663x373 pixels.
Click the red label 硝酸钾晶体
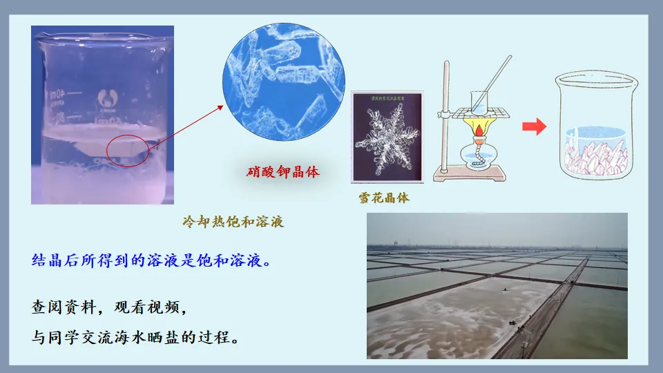point(283,172)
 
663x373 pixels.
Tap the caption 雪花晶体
point(384,198)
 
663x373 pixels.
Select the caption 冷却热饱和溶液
point(233,222)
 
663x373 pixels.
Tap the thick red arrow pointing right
point(534,126)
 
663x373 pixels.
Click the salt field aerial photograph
point(497,286)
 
